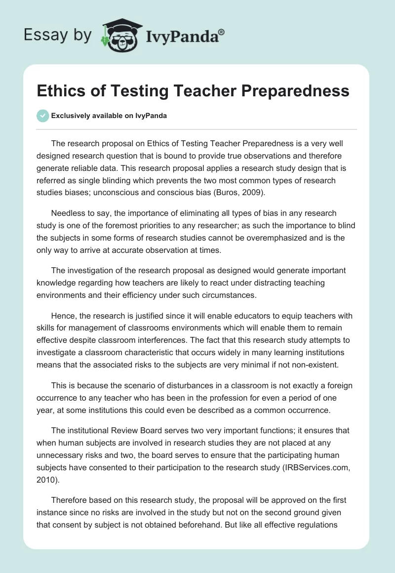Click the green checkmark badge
[x=43, y=116]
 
